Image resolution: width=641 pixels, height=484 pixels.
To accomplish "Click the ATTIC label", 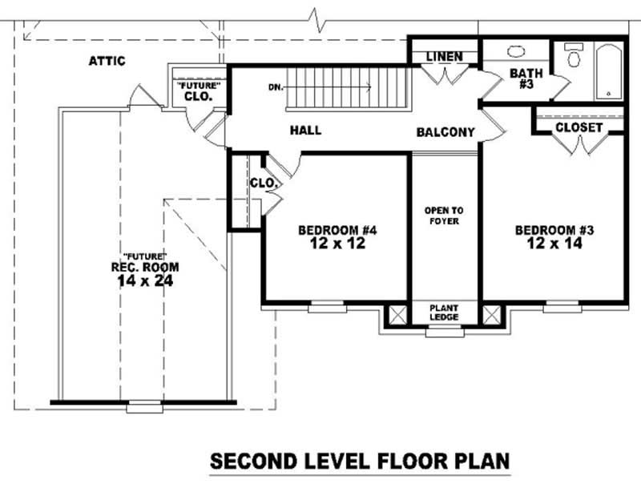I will click(x=107, y=61).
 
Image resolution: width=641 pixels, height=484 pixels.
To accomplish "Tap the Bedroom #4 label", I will click(x=337, y=231).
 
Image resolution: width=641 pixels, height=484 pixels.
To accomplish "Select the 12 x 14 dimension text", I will click(x=554, y=244).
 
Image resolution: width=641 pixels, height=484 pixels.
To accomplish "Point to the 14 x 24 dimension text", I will click(x=145, y=280).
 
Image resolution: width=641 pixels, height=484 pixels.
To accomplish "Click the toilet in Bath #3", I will click(x=573, y=55).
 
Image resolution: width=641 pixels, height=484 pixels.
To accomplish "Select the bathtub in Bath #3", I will click(x=609, y=71).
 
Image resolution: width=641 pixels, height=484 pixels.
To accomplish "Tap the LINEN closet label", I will click(x=444, y=57).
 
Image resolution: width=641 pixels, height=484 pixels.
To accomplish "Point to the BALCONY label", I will click(x=445, y=132).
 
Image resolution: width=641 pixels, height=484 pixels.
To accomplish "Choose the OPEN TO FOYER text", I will click(x=444, y=216).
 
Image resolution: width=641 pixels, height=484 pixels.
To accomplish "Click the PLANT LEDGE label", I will click(x=444, y=313).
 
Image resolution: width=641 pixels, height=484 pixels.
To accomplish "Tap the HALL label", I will click(x=305, y=130).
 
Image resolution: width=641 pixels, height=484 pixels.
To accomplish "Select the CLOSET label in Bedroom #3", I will click(x=579, y=127).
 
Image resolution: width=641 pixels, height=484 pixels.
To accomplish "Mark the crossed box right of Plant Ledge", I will click(x=491, y=314).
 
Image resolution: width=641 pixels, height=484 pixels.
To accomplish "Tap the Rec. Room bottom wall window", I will click(x=144, y=406).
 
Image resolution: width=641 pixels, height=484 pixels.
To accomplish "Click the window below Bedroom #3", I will click(x=561, y=307).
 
